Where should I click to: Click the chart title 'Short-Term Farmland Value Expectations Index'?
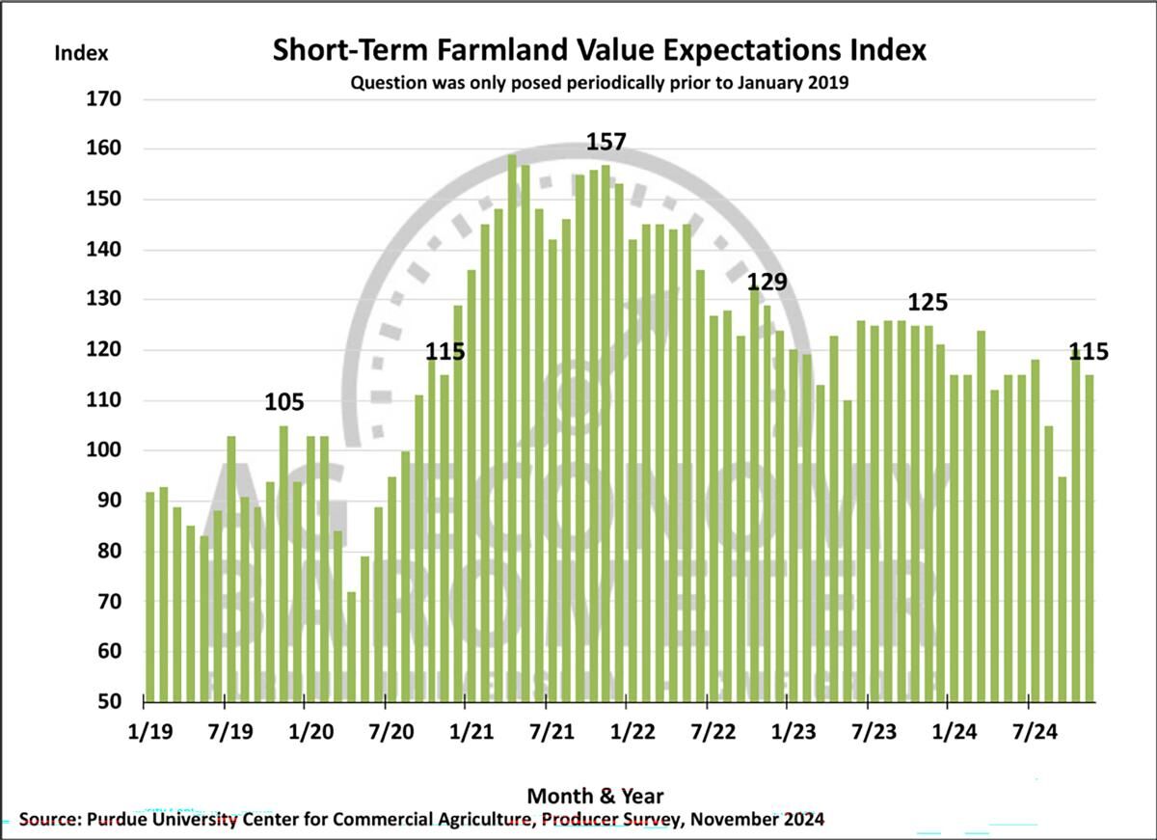click(x=599, y=50)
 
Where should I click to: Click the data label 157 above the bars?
click(x=606, y=143)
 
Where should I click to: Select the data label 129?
click(x=767, y=282)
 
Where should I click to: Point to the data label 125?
click(x=928, y=303)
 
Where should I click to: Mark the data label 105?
click(x=284, y=402)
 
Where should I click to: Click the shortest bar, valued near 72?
click(x=351, y=646)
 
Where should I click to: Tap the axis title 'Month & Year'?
click(x=595, y=796)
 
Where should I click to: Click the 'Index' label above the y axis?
click(x=81, y=53)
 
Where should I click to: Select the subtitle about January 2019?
click(x=599, y=83)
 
